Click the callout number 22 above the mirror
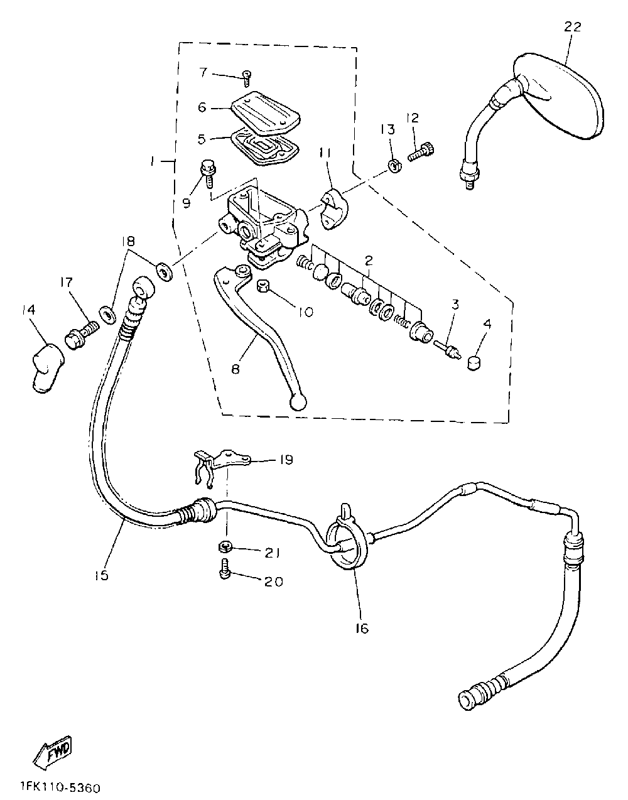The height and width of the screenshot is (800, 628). point(572,27)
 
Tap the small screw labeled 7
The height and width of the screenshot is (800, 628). point(246,77)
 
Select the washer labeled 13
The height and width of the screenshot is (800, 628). point(394,166)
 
